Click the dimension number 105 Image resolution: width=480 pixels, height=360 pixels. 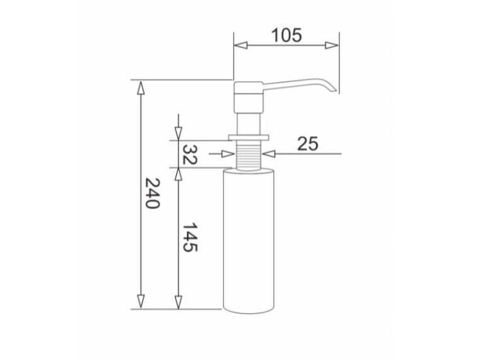point(286,35)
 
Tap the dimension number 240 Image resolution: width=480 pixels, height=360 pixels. point(152,194)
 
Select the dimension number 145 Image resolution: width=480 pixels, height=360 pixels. point(190,237)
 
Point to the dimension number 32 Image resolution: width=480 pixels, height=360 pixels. point(189,154)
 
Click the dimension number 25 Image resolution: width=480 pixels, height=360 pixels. point(308,144)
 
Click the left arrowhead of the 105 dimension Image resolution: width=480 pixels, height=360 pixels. point(240,45)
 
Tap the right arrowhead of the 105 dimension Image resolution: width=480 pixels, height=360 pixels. point(332,45)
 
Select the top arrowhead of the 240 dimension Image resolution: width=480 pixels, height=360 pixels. point(141,88)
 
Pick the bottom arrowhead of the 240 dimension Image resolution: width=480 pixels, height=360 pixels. point(141,301)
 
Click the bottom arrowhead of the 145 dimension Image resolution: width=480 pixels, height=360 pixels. point(178,302)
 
